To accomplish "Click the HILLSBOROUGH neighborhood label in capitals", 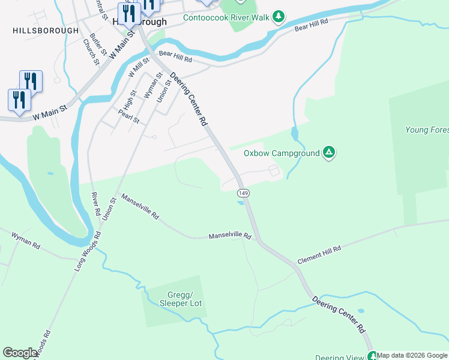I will click(45, 30).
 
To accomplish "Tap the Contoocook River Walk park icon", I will click(278, 16).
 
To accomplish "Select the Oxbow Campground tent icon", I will click(328, 152).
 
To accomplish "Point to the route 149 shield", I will click(243, 193).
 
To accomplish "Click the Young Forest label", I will click(427, 130).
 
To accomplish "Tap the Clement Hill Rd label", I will click(319, 256).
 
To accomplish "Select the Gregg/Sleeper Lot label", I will click(180, 299).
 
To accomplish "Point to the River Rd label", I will click(94, 204).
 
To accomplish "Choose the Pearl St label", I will click(128, 116).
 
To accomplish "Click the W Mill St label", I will click(139, 66).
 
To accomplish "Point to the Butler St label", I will click(98, 45).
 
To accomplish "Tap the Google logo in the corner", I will click(20, 353).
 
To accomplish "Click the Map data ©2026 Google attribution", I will click(412, 355).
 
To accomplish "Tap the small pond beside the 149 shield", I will click(241, 203).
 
